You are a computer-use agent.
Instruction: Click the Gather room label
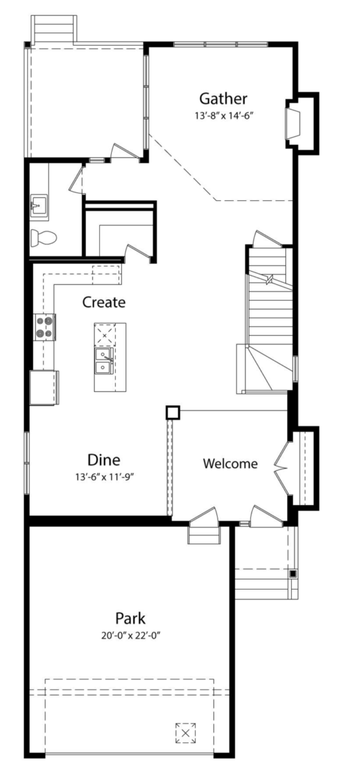tap(223, 99)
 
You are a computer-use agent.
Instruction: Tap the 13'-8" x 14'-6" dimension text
tap(223, 116)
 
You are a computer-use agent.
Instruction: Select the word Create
tap(104, 302)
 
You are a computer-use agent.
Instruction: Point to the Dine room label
tap(104, 460)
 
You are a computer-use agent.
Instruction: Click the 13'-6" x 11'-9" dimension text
tap(105, 476)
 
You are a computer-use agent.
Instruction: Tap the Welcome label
tap(231, 463)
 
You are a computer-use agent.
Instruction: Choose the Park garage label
tap(130, 618)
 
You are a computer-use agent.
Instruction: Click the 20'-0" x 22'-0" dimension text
tap(131, 636)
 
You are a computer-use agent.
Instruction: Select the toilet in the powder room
tap(44, 238)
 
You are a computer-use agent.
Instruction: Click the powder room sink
tap(38, 206)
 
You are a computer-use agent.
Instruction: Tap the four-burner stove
tap(45, 327)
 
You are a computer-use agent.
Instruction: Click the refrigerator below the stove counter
tap(44, 387)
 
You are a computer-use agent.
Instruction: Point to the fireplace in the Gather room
tap(292, 123)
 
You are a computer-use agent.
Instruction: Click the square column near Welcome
tap(173, 412)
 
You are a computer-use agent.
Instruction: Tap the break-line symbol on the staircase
tap(270, 278)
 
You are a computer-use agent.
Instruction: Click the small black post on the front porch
tap(293, 573)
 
